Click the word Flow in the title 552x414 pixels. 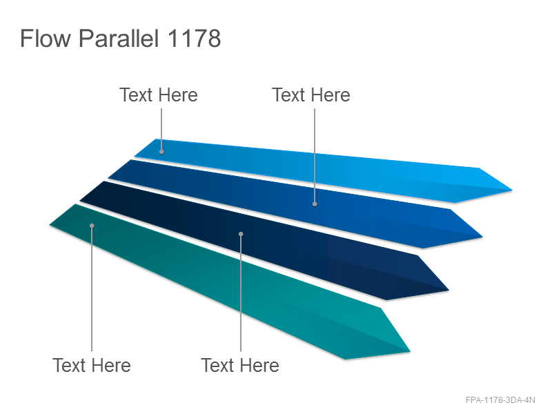coord(46,38)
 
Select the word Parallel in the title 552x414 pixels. coord(119,38)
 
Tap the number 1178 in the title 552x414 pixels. coord(194,38)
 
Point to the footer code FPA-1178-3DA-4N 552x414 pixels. coord(500,400)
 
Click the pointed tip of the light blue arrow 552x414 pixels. coord(512,190)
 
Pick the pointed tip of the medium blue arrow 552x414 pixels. coord(482,237)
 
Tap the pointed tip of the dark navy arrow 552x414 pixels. coord(449,290)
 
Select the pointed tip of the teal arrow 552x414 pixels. coord(410,351)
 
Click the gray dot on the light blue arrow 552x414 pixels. coord(161,152)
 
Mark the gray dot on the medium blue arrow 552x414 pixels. coord(315,204)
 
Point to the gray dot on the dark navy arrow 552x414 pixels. coord(241,234)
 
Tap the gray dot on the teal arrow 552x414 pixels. coord(92,226)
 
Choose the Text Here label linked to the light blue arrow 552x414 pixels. coord(159,95)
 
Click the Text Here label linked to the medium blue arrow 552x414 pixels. coord(311,95)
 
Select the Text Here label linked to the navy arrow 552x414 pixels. coord(240,365)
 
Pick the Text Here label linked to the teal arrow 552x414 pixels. coord(92,365)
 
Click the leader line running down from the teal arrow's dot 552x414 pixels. coord(92,289)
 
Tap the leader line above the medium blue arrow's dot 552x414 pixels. coord(315,155)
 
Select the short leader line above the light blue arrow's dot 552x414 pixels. coord(161,129)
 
